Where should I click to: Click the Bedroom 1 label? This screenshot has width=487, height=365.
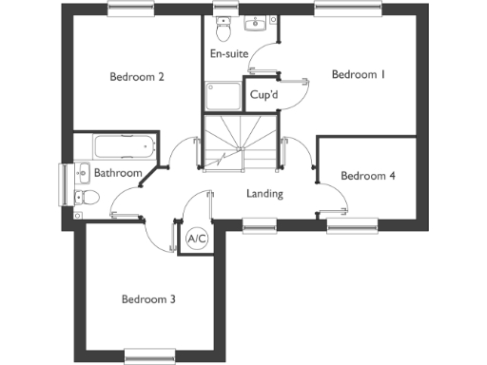click(358, 75)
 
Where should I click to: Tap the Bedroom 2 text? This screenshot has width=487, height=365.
click(137, 77)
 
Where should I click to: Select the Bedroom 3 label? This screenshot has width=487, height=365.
click(148, 299)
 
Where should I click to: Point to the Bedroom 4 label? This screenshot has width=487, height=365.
click(368, 176)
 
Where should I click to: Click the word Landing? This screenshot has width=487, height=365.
click(264, 194)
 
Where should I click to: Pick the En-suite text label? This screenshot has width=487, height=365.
click(229, 54)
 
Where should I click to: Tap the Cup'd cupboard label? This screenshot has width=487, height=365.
click(263, 94)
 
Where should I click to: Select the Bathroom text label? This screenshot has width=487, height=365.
click(117, 173)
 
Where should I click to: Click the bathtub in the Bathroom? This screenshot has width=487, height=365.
click(123, 147)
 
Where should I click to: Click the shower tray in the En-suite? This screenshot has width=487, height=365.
click(223, 97)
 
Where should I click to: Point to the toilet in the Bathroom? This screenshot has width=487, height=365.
click(87, 198)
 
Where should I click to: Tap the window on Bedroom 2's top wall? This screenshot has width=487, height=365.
click(132, 9)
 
